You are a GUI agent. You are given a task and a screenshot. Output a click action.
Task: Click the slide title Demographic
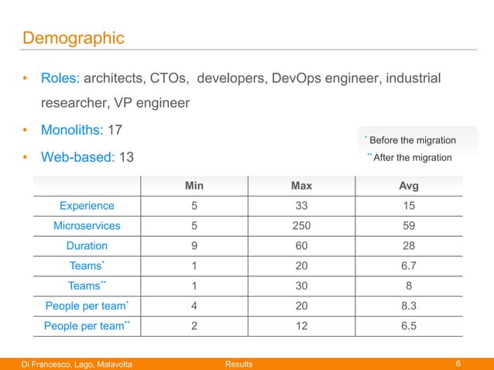tap(74, 37)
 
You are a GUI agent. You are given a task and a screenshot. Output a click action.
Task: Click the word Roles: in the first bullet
tap(60, 79)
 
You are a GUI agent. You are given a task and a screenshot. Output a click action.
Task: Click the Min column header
tap(194, 186)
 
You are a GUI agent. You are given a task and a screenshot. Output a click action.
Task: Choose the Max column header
tap(301, 186)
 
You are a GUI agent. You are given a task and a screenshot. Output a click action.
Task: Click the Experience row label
tap(87, 206)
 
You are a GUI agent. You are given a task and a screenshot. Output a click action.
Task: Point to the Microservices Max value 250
tap(301, 226)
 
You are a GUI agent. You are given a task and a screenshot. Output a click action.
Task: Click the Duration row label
tap(87, 246)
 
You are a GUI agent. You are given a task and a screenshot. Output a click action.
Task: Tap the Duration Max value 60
tap(301, 246)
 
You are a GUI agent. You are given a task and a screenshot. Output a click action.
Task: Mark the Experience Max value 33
tap(301, 206)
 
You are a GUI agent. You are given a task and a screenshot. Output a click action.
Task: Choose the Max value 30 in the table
tap(301, 286)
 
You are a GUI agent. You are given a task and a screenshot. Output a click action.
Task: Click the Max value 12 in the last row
tap(301, 327)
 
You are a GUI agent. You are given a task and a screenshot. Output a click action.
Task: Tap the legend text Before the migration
tap(412, 140)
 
